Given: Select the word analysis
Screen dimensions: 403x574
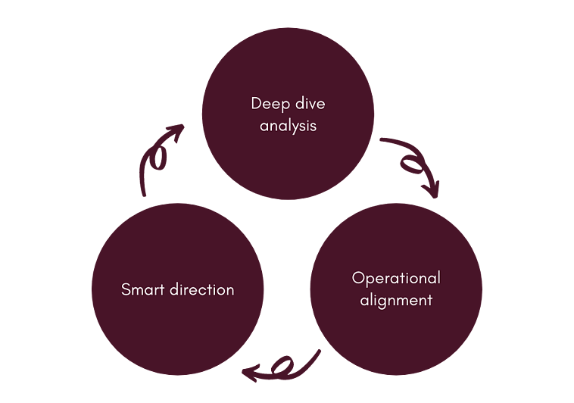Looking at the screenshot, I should [288, 125].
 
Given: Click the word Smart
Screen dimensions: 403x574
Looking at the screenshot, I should [140, 289].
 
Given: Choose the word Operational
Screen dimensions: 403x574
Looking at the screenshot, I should [396, 277].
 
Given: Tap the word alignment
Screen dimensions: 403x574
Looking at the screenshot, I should [396, 300].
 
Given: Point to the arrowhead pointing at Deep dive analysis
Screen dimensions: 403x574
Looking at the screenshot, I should [176, 133].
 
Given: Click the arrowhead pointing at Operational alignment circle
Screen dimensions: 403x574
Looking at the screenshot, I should [432, 189].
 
